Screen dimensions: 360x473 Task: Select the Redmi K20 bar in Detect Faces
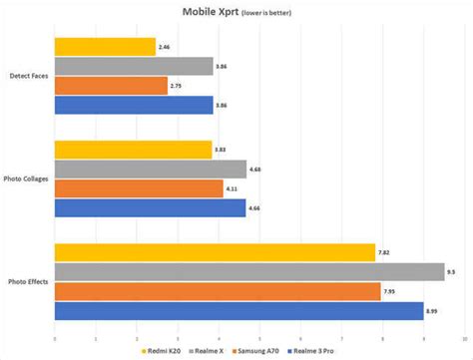tap(105, 46)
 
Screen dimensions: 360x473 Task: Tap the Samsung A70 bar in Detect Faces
tap(111, 86)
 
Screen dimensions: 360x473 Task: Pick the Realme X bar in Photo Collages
tap(150, 170)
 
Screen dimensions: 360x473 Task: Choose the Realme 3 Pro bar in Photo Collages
tap(150, 208)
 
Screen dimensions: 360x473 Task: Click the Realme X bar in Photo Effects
tap(249, 272)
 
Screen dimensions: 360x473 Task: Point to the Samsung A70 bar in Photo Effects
tap(218, 291)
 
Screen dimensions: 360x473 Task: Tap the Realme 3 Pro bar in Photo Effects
tap(238, 311)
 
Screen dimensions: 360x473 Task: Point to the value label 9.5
tap(453, 272)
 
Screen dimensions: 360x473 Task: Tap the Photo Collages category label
tap(27, 180)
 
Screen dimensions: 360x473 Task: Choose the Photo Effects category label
tap(28, 282)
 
